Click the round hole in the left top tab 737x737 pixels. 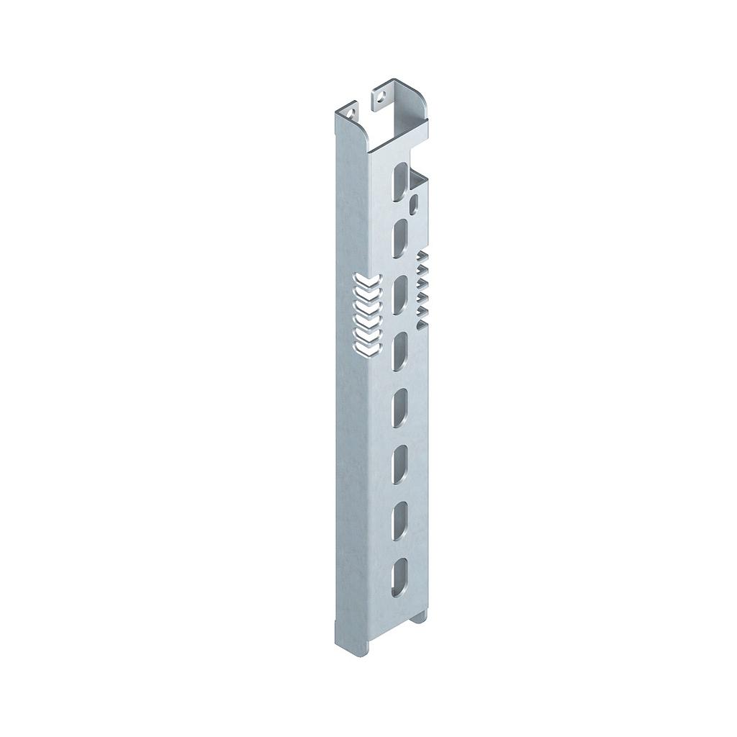[x=351, y=112]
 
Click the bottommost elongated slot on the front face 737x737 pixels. [x=398, y=577]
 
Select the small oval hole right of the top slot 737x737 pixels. [x=413, y=206]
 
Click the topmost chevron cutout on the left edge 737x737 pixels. [x=366, y=280]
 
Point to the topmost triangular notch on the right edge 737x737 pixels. [x=423, y=257]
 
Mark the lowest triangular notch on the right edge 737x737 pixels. [x=423, y=311]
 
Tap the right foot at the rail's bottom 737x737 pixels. [x=420, y=618]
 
